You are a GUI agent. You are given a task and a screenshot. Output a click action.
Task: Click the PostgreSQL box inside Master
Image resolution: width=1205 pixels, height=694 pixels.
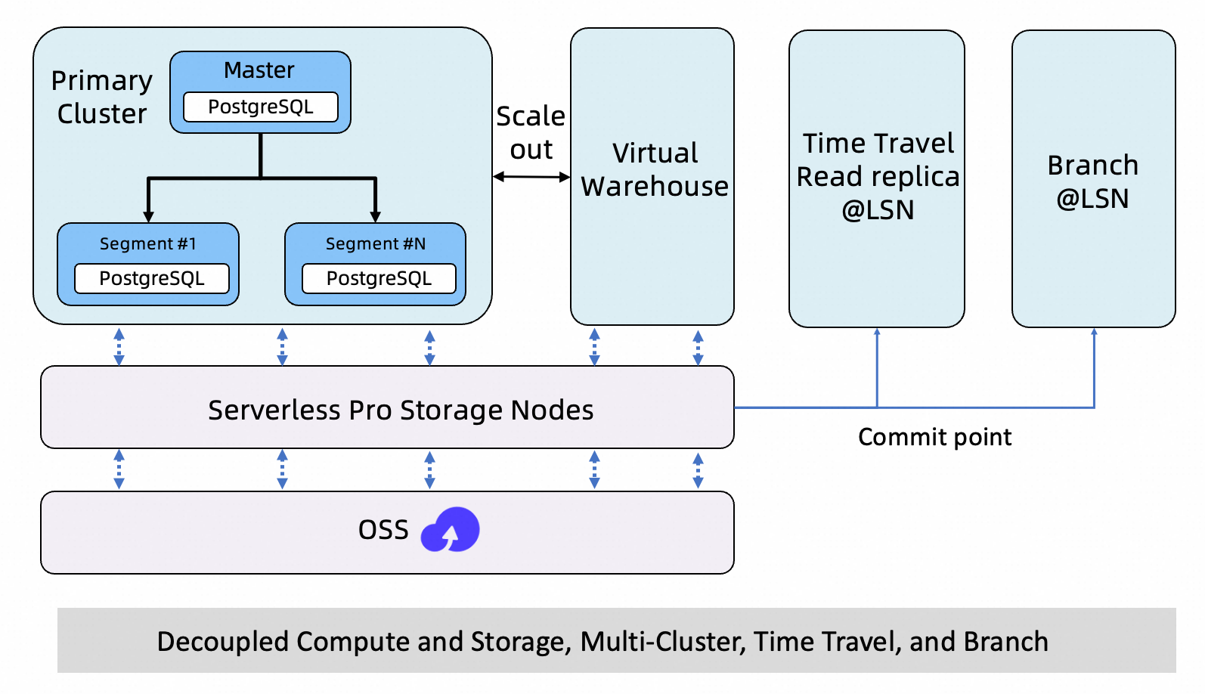pyautogui.click(x=261, y=107)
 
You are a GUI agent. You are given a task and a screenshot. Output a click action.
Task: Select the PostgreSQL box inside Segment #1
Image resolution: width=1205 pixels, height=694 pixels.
pyautogui.click(x=152, y=279)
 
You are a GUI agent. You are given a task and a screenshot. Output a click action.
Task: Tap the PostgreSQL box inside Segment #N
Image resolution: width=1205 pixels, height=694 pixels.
pyautogui.click(x=379, y=279)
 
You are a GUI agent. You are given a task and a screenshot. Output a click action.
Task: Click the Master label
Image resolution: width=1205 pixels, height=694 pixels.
pyautogui.click(x=259, y=70)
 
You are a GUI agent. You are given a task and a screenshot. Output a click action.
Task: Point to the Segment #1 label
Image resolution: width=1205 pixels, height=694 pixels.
pyautogui.click(x=148, y=243)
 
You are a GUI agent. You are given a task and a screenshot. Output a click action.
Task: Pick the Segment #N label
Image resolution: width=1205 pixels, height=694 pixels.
pyautogui.click(x=376, y=243)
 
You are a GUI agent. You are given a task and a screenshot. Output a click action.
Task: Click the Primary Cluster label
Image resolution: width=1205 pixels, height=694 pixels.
pyautogui.click(x=101, y=97)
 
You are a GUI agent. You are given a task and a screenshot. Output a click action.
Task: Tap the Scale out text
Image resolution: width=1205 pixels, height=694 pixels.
pyautogui.click(x=531, y=132)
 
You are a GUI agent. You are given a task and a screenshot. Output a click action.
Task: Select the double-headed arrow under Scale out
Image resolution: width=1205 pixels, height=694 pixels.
pyautogui.click(x=531, y=176)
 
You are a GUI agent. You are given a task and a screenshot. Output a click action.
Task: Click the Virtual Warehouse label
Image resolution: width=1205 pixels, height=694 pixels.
pyautogui.click(x=655, y=169)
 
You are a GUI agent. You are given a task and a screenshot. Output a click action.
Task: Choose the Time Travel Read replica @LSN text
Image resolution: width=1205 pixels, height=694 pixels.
pyautogui.click(x=878, y=176)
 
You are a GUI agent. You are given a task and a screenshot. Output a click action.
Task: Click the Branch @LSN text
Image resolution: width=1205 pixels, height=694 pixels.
pyautogui.click(x=1093, y=181)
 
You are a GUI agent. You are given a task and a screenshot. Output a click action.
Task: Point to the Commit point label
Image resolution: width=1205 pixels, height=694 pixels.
pyautogui.click(x=935, y=437)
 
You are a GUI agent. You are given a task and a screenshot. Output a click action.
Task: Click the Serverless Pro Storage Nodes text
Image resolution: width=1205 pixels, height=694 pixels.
pyautogui.click(x=401, y=410)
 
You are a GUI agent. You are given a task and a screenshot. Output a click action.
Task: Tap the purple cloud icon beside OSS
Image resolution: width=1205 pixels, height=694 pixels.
pyautogui.click(x=451, y=530)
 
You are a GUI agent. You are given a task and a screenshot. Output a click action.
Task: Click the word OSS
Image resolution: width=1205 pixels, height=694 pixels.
pyautogui.click(x=383, y=530)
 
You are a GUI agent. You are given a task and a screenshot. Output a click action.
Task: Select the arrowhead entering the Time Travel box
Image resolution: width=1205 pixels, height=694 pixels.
pyautogui.click(x=878, y=332)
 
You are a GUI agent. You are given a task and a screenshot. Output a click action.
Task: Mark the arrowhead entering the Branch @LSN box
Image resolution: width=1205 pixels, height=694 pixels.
pyautogui.click(x=1094, y=332)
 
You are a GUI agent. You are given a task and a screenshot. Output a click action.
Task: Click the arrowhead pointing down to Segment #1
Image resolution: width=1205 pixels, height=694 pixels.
pyautogui.click(x=148, y=217)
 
